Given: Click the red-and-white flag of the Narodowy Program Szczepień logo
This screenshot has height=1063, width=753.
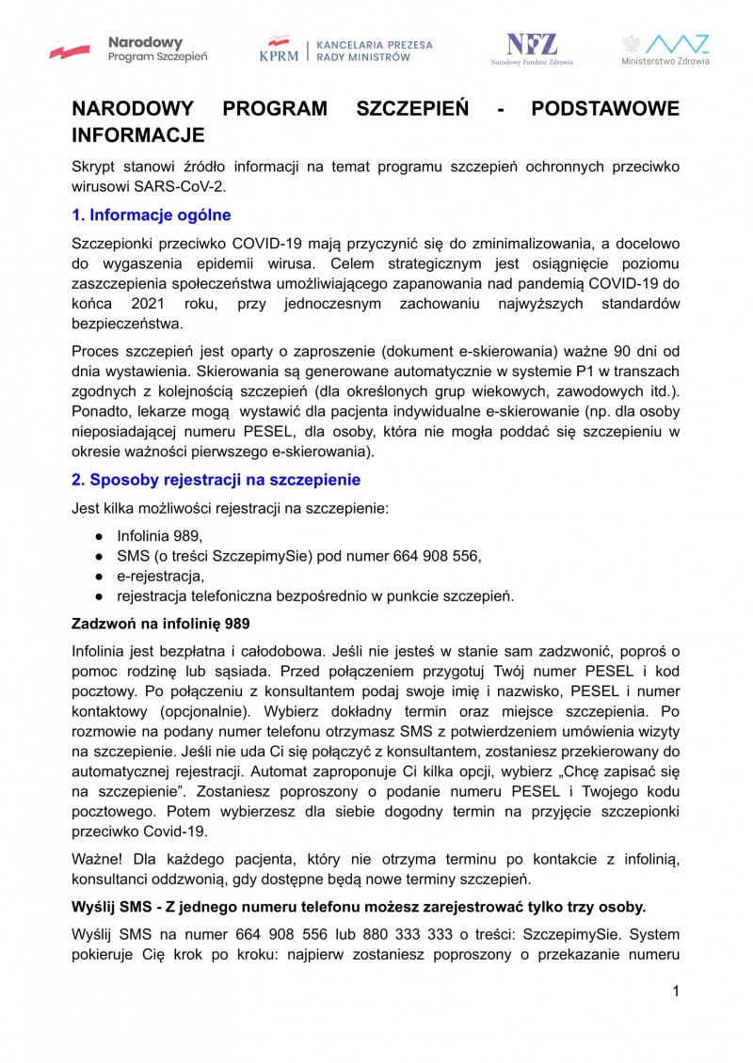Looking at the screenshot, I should click(71, 50).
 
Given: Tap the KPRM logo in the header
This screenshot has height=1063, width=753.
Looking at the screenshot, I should click(279, 49).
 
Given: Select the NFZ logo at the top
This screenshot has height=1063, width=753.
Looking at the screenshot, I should click(532, 48).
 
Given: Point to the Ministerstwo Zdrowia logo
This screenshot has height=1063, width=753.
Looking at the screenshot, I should click(665, 49).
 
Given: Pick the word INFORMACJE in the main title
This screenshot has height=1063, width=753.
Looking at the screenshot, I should click(138, 135).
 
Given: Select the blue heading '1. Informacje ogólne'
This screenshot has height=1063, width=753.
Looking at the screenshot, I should click(152, 215).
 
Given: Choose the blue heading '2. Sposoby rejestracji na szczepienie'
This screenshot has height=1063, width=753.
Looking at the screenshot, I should click(216, 480).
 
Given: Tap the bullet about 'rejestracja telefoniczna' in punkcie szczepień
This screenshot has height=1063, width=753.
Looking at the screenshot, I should click(315, 595).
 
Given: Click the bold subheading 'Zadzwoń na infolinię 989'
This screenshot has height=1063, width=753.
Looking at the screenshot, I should click(161, 624).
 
